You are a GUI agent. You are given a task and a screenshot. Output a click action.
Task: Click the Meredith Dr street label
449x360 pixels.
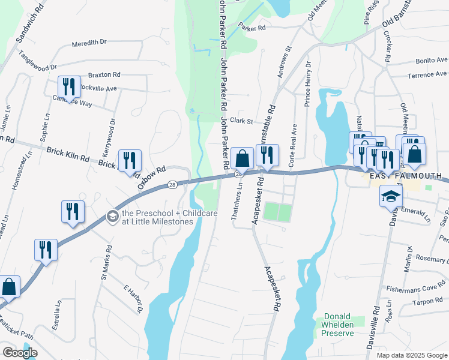coord(89,43)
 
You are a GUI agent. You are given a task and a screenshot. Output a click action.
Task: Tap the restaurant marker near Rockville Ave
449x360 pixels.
coord(69,87)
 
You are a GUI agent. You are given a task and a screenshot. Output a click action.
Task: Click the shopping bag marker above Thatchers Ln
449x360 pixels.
coord(242,159)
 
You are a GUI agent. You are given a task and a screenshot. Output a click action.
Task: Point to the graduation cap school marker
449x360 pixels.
coord(391,196)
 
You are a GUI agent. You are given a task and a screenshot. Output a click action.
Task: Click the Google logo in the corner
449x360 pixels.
coord(20,352)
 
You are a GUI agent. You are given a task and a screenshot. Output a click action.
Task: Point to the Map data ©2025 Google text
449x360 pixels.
coord(411,355)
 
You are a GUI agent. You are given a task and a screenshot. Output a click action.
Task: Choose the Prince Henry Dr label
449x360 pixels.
coord(307,83)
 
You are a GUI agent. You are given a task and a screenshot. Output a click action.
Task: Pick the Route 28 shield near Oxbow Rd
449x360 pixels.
coord(172,184)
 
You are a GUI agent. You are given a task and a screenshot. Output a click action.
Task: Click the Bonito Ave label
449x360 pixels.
coord(432,61)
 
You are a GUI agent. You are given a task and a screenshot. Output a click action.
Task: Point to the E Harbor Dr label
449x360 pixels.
coord(133,298)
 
